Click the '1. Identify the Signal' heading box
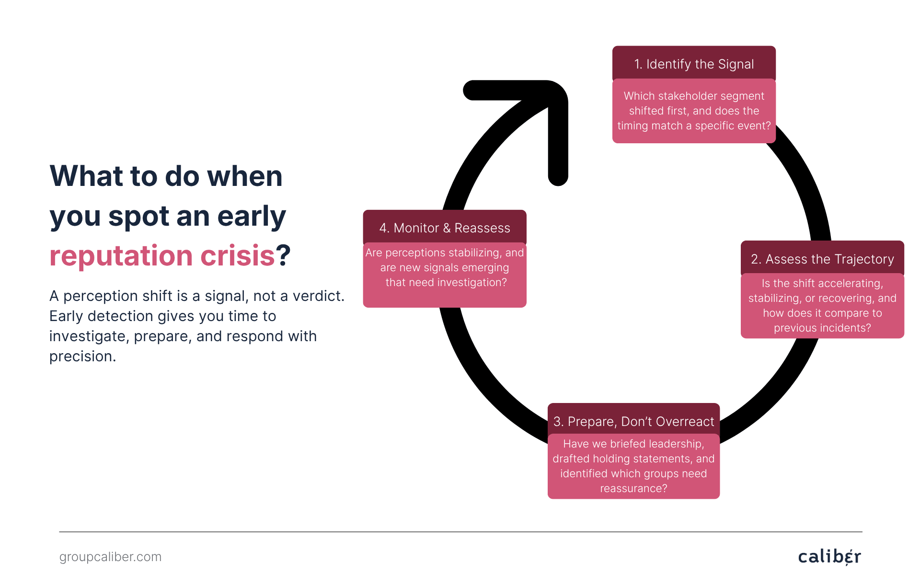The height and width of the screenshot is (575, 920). point(693,64)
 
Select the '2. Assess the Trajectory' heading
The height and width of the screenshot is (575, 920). point(822,259)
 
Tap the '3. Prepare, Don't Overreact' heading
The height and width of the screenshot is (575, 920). point(633,421)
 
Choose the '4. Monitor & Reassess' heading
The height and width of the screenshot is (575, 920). point(445,228)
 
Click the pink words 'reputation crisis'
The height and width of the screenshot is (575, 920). point(162,255)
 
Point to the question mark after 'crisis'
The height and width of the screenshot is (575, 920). point(283,255)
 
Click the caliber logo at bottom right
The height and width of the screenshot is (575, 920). point(829,556)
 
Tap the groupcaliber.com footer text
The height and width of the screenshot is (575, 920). point(110,557)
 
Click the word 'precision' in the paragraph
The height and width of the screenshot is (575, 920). point(81,356)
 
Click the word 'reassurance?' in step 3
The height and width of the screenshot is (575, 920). point(633,488)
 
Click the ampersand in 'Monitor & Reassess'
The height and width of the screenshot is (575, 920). point(446,228)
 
